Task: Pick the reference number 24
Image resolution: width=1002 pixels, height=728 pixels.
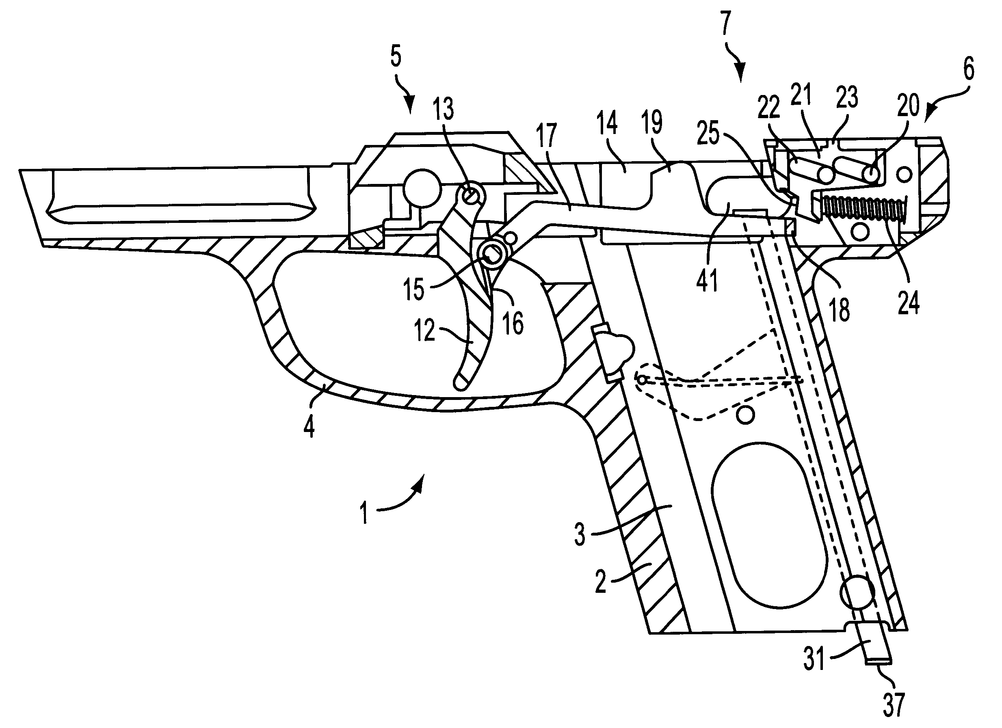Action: tap(909, 302)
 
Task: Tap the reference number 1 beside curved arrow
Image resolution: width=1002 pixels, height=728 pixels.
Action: tap(364, 512)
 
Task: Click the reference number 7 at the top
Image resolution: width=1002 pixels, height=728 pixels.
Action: tap(726, 24)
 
